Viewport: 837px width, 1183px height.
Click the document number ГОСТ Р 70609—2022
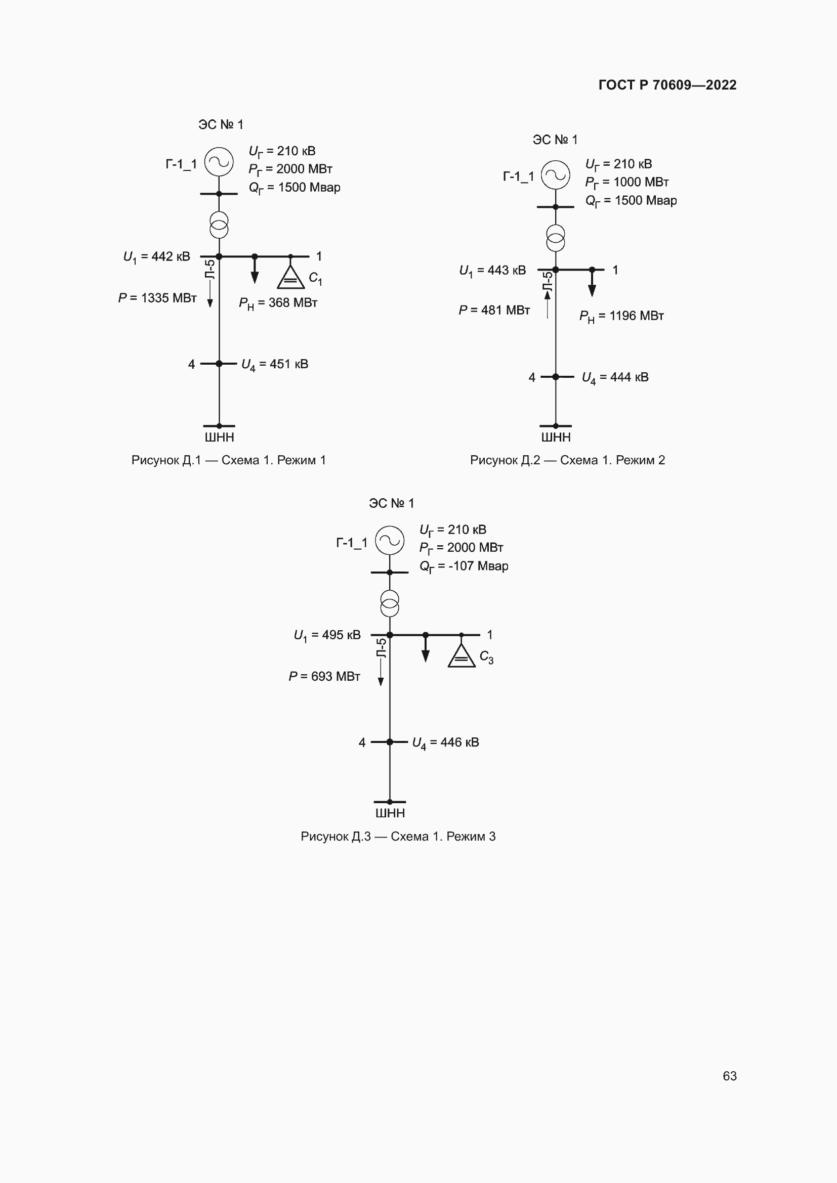(667, 85)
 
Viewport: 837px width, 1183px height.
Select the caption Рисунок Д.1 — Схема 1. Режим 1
(228, 460)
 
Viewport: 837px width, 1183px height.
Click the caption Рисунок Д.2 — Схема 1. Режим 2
(567, 460)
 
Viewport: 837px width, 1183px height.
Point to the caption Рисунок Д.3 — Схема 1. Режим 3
(398, 836)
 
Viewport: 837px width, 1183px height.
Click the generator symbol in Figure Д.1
(219, 162)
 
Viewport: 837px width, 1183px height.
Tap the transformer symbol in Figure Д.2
(555, 238)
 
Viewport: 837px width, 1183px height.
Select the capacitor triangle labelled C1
(290, 278)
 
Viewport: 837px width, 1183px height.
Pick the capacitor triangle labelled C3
(462, 656)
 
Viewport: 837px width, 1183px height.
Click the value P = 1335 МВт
(157, 298)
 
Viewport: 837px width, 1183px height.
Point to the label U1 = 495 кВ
(327, 635)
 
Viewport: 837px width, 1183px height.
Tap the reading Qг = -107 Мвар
(464, 566)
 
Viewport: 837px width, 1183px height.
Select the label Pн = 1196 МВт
(621, 316)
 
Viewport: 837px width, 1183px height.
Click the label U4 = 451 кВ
(275, 364)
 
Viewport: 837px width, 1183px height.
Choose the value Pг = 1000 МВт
(626, 183)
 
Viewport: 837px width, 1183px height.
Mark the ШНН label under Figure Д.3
(390, 813)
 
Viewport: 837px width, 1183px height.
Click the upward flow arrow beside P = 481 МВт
(548, 303)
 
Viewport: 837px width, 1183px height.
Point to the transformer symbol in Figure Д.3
(390, 603)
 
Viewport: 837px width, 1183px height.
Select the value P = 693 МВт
(324, 677)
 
